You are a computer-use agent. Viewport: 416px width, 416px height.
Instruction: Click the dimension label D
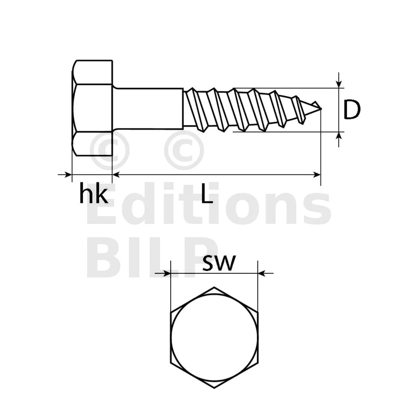pos(352,110)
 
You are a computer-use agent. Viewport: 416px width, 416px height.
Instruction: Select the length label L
pos(207,194)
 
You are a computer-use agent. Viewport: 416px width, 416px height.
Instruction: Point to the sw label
pos(219,263)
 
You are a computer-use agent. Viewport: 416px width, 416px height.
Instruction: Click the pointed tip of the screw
pos(321,108)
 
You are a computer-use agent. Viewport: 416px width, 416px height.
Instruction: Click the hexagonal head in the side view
pos(92,108)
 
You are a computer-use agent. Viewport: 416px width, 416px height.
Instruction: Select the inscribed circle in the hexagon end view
pos(214,337)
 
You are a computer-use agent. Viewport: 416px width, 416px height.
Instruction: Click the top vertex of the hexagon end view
pos(214,287)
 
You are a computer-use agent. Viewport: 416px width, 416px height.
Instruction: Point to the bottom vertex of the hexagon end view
pos(214,388)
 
